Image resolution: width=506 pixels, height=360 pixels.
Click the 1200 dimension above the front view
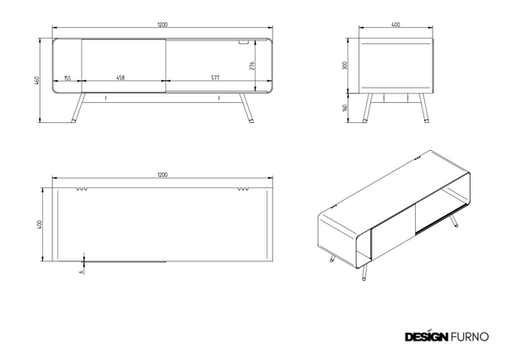(x=163, y=24)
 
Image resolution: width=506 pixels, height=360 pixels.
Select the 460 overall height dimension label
(x=37, y=80)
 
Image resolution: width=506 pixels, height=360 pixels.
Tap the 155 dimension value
(x=67, y=78)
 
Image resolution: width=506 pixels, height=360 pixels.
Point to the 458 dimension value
(x=121, y=78)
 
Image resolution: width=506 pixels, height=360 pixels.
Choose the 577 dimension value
(x=215, y=78)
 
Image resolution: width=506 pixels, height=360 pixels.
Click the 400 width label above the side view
(x=396, y=24)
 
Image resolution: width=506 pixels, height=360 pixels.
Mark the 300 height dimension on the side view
(x=345, y=66)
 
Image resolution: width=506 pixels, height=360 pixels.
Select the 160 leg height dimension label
(x=345, y=108)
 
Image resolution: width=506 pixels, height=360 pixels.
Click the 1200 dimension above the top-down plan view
(x=163, y=175)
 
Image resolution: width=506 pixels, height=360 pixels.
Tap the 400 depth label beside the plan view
(x=40, y=224)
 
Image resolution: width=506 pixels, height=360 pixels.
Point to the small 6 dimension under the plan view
(x=81, y=271)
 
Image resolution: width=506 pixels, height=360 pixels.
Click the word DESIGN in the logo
(x=426, y=336)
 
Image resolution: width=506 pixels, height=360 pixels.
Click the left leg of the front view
(x=78, y=108)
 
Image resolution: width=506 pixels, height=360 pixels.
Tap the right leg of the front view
(x=246, y=108)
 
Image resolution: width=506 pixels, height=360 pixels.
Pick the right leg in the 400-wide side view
(x=423, y=108)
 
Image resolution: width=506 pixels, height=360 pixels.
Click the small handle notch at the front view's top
(x=244, y=42)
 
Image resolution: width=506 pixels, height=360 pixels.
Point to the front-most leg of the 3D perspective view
(x=364, y=273)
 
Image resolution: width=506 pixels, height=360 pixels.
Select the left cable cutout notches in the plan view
(x=82, y=189)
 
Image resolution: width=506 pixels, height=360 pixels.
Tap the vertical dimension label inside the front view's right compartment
(x=252, y=66)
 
